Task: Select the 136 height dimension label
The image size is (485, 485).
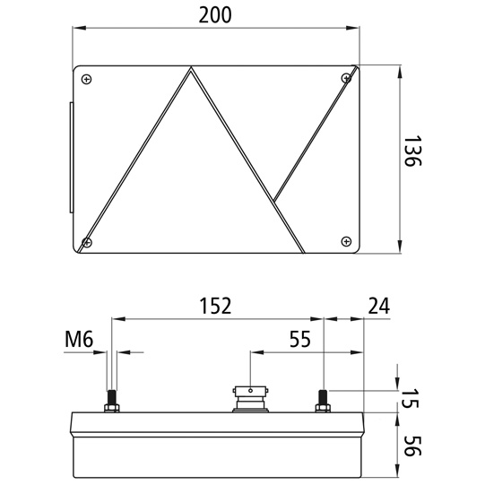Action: pyautogui.click(x=412, y=157)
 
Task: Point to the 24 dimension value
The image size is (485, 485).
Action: pyautogui.click(x=379, y=306)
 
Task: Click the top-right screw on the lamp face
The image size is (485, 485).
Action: pyautogui.click(x=345, y=80)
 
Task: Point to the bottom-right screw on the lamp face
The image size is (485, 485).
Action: pyautogui.click(x=346, y=239)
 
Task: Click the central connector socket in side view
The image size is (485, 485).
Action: pyautogui.click(x=250, y=396)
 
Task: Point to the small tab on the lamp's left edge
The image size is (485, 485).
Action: pyautogui.click(x=69, y=158)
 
